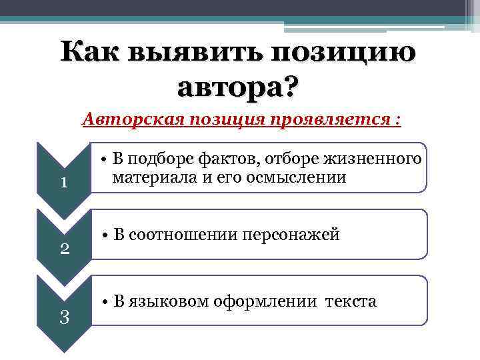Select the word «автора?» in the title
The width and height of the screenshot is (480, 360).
point(239,87)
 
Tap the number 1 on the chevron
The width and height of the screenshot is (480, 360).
point(64,182)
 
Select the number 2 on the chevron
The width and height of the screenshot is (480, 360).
point(64,249)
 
